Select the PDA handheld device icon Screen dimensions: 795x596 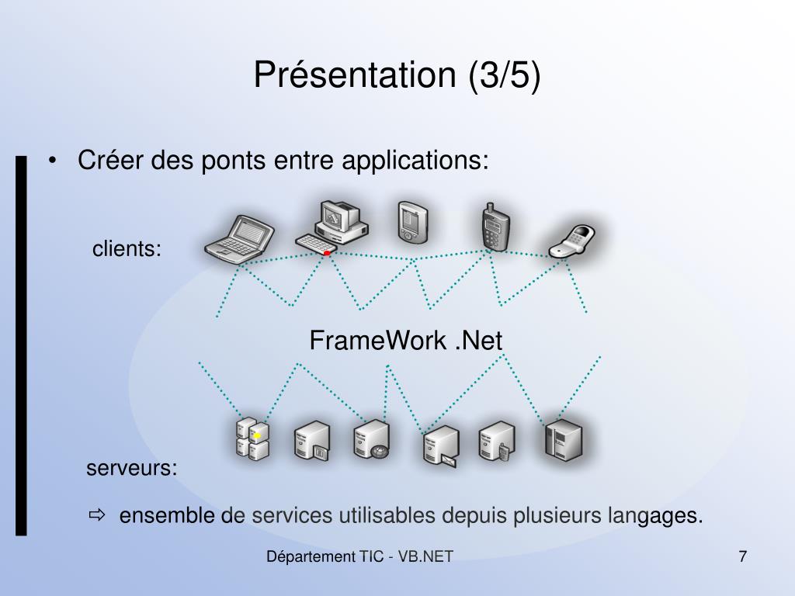tap(412, 222)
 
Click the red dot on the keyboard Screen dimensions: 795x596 tap(328, 253)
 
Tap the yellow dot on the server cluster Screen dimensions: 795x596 tap(256, 436)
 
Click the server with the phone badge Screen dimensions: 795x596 tap(497, 442)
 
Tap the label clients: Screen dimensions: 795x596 tap(127, 249)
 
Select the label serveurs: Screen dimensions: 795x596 tap(132, 469)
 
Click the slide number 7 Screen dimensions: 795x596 tap(742, 556)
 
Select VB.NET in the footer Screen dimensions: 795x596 tap(426, 556)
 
